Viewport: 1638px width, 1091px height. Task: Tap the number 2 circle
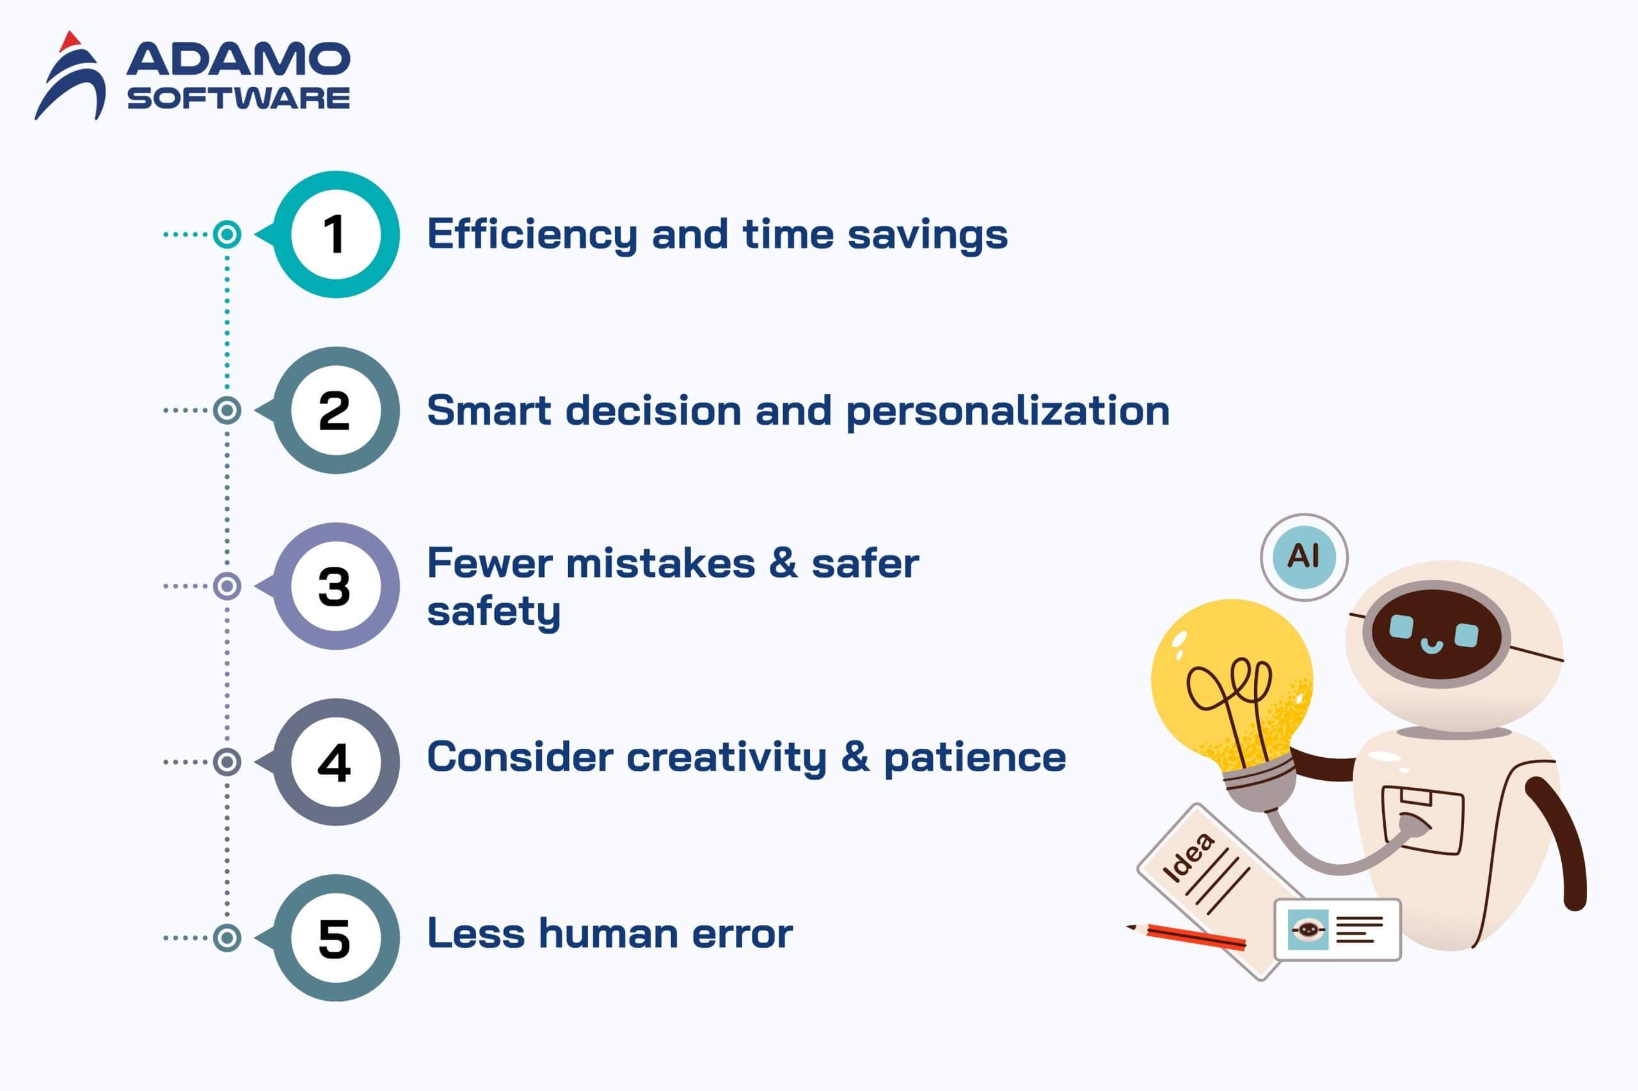coord(335,411)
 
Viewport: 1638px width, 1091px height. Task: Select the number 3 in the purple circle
coord(334,586)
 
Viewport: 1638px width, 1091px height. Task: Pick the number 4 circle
coord(335,762)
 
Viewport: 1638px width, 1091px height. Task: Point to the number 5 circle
coord(335,938)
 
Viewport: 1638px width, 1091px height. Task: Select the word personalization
coord(1007,411)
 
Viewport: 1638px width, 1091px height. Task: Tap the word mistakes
coord(660,563)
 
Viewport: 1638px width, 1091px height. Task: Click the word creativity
coord(726,758)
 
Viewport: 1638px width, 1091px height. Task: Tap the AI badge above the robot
coord(1303,556)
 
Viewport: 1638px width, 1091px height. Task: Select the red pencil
coord(1186,936)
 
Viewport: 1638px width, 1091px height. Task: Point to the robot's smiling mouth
coord(1431,646)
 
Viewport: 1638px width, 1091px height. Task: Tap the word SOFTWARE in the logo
coord(238,98)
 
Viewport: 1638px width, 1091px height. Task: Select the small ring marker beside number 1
coord(227,235)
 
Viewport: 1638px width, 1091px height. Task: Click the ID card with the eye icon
coord(1337,930)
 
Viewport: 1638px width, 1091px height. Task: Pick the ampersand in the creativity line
coord(855,757)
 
